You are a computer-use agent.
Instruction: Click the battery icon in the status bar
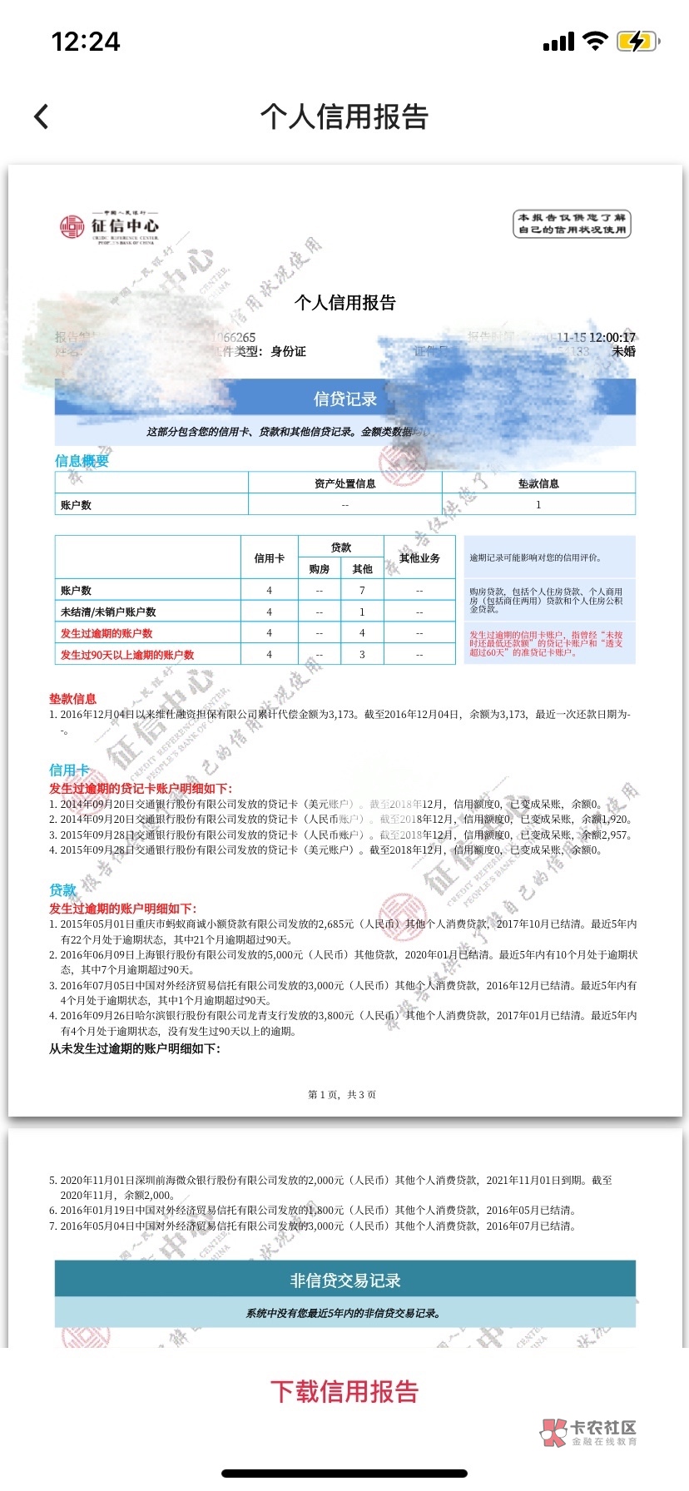[x=638, y=42]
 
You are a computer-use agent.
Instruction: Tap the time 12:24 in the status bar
[x=86, y=42]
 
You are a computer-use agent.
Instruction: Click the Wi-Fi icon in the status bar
[x=595, y=42]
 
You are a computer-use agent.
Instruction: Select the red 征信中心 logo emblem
[x=72, y=226]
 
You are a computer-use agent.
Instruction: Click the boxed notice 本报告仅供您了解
[x=572, y=224]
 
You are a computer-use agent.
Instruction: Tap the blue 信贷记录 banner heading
[x=344, y=399]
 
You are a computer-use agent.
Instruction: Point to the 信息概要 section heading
[x=82, y=461]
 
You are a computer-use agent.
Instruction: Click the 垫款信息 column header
[x=538, y=483]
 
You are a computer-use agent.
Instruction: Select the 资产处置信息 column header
[x=344, y=483]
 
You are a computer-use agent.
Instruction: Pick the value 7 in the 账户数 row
[x=362, y=590]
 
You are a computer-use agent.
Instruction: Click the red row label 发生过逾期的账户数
[x=107, y=633]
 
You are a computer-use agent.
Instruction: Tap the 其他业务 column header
[x=419, y=558]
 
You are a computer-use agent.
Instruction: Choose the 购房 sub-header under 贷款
[x=319, y=569]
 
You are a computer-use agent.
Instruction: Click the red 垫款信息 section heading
[x=72, y=699]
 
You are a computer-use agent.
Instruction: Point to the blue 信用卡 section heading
[x=68, y=770]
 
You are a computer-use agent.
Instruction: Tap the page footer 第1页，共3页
[x=342, y=1095]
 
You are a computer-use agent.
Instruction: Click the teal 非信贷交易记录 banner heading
[x=344, y=1280]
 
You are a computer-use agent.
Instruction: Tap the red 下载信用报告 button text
[x=344, y=1391]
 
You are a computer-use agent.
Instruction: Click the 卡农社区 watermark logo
[x=588, y=1431]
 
